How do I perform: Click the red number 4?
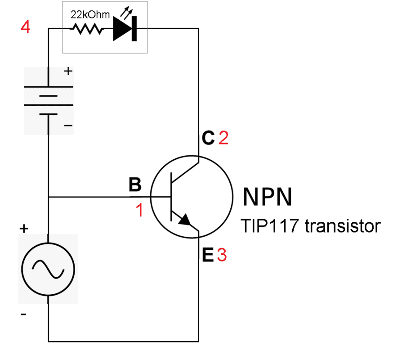[26, 28]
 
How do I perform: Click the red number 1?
[140, 210]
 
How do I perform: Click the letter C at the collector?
[208, 138]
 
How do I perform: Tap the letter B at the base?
[135, 184]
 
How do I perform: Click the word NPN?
[268, 196]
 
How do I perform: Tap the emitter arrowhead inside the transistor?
[185, 220]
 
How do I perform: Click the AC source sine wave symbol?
[47, 269]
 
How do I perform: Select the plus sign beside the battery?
[68, 71]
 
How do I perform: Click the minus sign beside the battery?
[68, 126]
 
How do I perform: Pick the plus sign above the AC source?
[23, 229]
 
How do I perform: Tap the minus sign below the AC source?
[23, 314]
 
